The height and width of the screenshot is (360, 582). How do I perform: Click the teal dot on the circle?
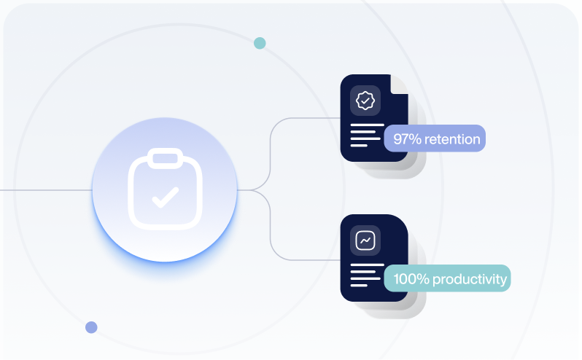pos(260,43)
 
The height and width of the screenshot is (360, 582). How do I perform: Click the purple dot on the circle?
pos(91,327)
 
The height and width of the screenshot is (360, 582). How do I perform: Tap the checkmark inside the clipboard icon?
pos(165,196)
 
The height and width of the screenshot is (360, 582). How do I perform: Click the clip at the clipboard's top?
pos(165,157)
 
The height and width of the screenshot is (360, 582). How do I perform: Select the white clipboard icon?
pos(165,189)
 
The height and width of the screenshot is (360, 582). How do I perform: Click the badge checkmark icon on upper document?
pos(365,100)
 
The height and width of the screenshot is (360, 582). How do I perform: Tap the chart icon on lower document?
pos(365,240)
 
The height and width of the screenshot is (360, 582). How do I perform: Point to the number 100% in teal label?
pos(411,278)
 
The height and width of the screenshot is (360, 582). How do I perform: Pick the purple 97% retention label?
pos(435,138)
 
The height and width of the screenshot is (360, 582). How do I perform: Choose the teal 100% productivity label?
pos(448,278)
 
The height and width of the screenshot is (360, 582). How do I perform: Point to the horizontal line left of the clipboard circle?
pos(44,190)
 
